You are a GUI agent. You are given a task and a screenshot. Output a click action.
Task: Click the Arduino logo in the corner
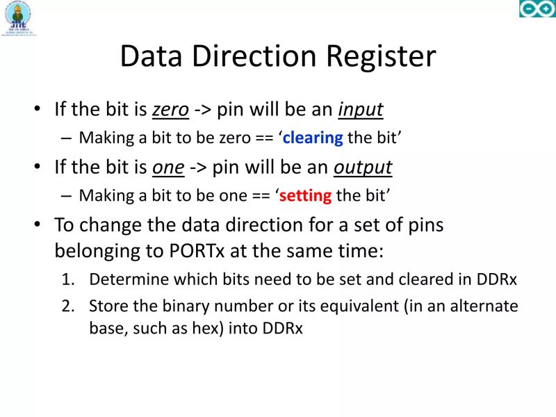537,9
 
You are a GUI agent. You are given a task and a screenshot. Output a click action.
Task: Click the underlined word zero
170,110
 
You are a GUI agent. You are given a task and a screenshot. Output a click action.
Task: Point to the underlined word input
361,110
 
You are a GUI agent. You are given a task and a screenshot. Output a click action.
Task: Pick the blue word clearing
313,138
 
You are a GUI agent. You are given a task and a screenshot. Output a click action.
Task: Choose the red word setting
305,195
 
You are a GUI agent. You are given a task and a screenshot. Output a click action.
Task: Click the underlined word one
168,167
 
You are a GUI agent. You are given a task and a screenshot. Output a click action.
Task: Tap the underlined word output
363,167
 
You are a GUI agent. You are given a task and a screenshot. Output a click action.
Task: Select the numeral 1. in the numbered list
67,279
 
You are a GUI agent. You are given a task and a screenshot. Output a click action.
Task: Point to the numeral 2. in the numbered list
67,306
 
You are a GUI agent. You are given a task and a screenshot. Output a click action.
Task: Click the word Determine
129,279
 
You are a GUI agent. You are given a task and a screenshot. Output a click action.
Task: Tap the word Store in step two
107,306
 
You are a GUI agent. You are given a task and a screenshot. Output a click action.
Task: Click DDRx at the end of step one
497,279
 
